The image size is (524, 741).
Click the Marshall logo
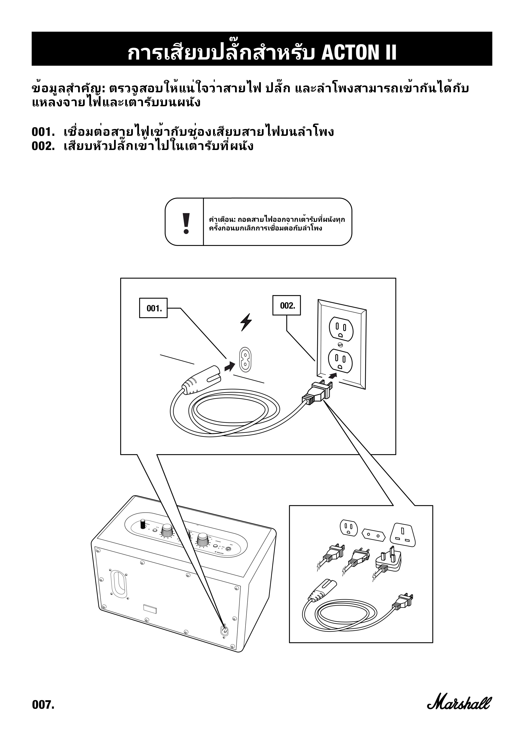click(x=459, y=700)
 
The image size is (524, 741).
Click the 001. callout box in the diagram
click(x=153, y=308)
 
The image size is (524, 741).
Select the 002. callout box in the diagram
click(x=286, y=305)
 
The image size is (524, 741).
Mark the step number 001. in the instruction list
click(x=43, y=132)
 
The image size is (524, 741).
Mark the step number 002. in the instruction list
click(x=43, y=146)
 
